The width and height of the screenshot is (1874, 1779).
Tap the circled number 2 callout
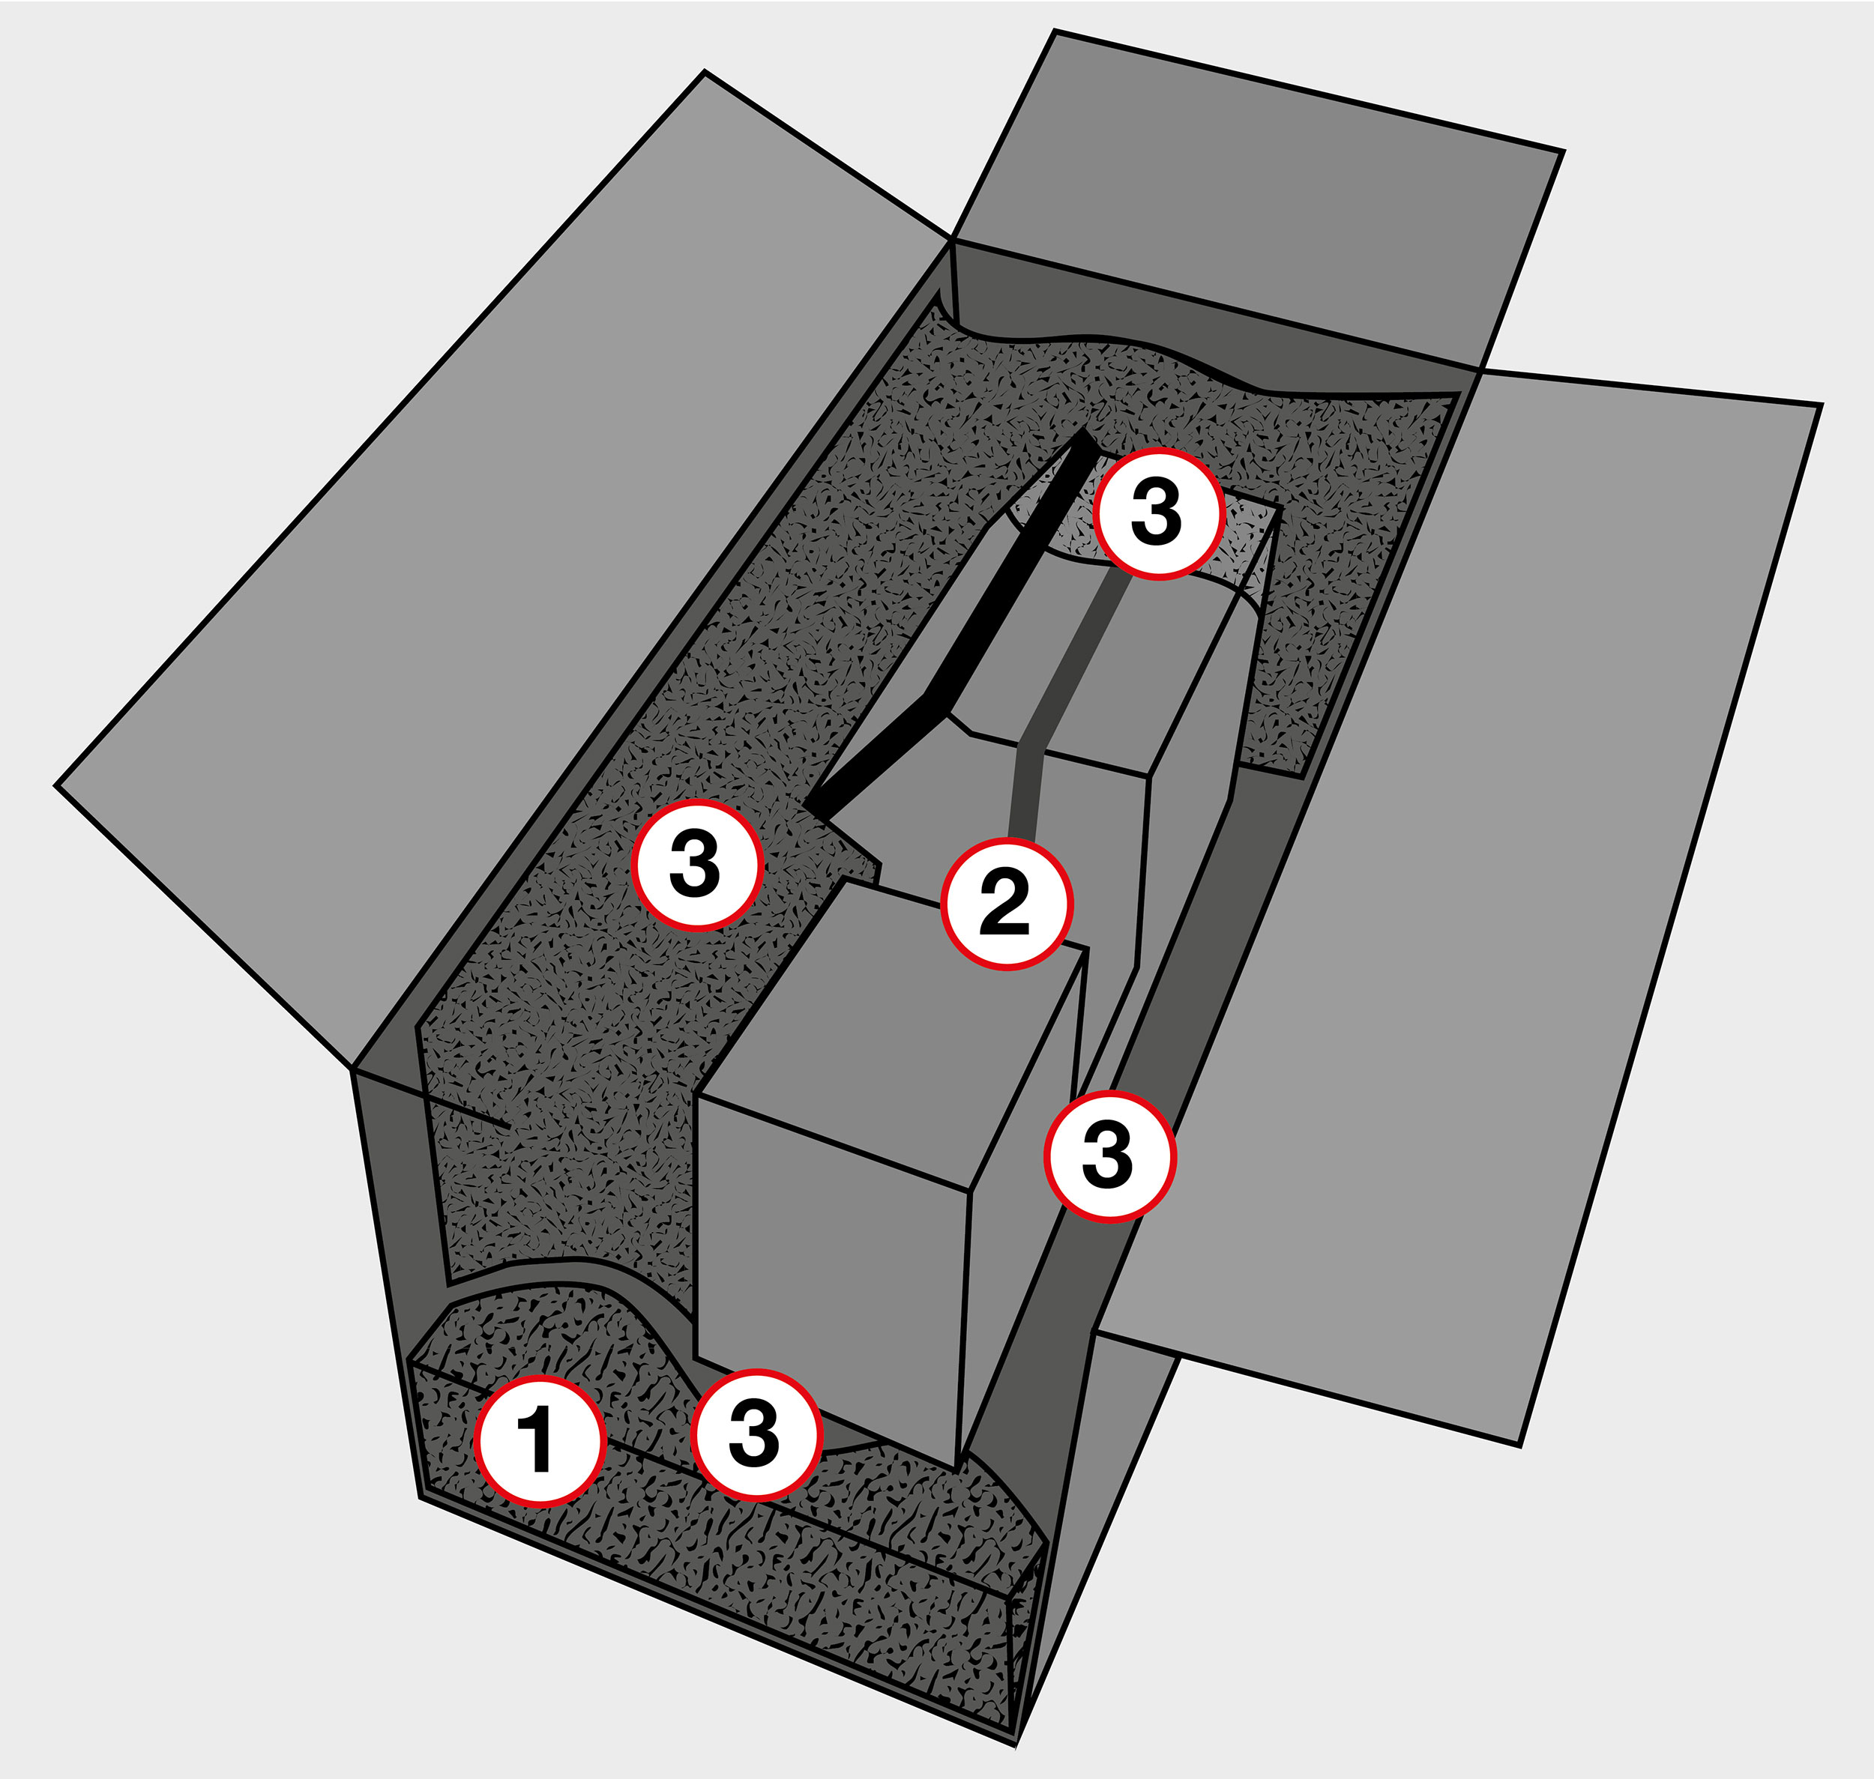(x=1006, y=904)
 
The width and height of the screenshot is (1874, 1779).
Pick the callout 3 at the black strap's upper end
(x=1158, y=514)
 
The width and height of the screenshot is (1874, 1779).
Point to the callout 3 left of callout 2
(x=698, y=865)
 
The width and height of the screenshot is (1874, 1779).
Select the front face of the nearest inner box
(x=830, y=1280)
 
